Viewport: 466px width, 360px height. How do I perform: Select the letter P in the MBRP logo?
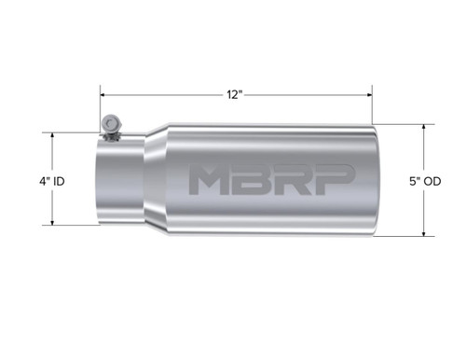[334, 181]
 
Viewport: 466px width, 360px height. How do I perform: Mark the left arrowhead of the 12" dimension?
[105, 95]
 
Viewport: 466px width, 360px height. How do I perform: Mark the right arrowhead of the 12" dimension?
[369, 95]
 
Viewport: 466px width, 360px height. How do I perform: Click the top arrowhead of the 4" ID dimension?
[52, 136]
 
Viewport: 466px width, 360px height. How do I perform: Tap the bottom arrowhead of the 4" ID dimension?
[52, 222]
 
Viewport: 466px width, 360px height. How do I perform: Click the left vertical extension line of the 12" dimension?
[102, 107]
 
